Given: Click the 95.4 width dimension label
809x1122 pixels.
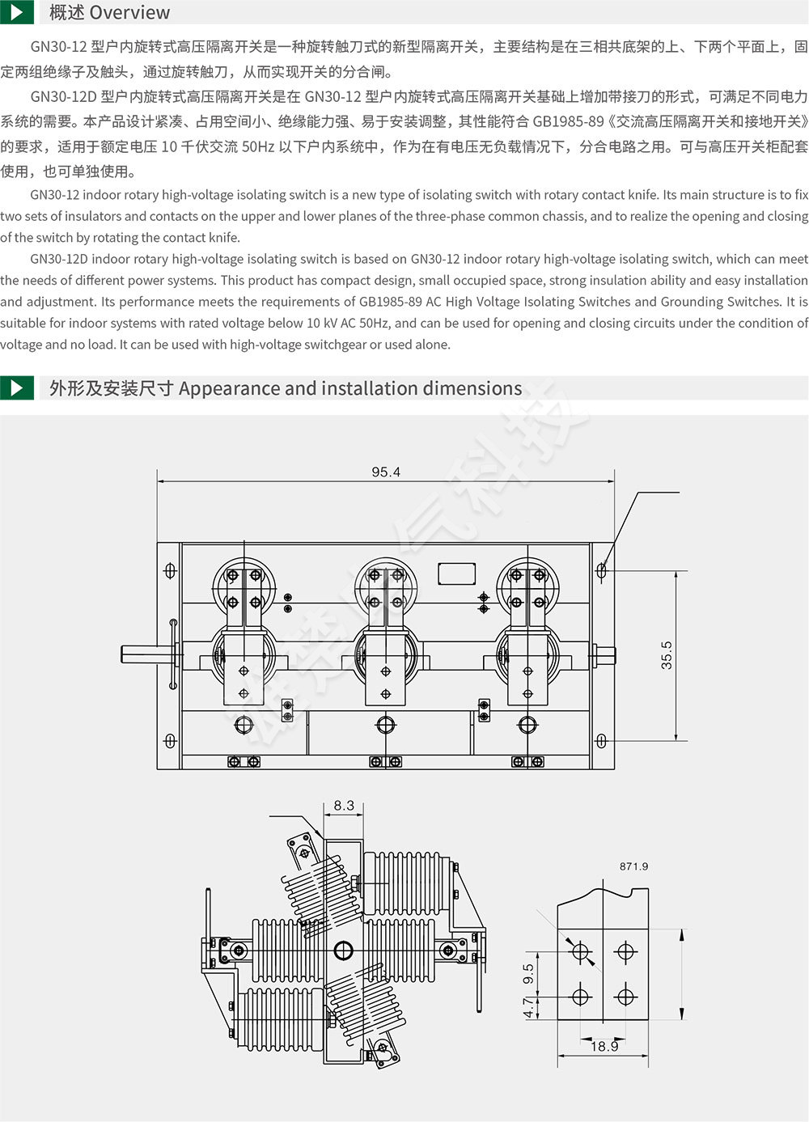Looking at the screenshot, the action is tap(386, 472).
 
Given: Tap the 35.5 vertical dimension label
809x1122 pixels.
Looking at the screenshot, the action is tap(667, 654).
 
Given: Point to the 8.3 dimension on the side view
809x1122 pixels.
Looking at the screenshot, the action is tap(344, 806).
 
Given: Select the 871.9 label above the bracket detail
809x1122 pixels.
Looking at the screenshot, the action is tap(633, 866).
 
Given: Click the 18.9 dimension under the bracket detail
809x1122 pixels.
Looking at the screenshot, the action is tap(604, 1047).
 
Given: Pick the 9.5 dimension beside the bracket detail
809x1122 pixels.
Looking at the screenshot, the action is tap(528, 974).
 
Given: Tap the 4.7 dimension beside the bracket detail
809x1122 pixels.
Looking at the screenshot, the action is tap(528, 1007).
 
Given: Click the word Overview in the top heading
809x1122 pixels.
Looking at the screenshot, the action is tap(129, 12).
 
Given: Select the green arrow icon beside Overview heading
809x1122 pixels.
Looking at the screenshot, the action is tap(17, 12).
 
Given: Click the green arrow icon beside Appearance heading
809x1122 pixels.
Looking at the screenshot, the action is tap(17, 387).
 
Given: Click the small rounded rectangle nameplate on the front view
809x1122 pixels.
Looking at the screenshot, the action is tap(456, 574).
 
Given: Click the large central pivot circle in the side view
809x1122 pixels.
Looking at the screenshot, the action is tap(343, 950).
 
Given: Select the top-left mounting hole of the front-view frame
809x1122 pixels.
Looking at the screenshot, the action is tap(170, 570).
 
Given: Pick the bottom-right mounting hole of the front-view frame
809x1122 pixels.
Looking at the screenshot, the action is tap(601, 741).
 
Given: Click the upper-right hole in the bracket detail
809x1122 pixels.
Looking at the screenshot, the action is tap(625, 951).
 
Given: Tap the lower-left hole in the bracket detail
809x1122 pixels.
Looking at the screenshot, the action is tap(580, 997).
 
